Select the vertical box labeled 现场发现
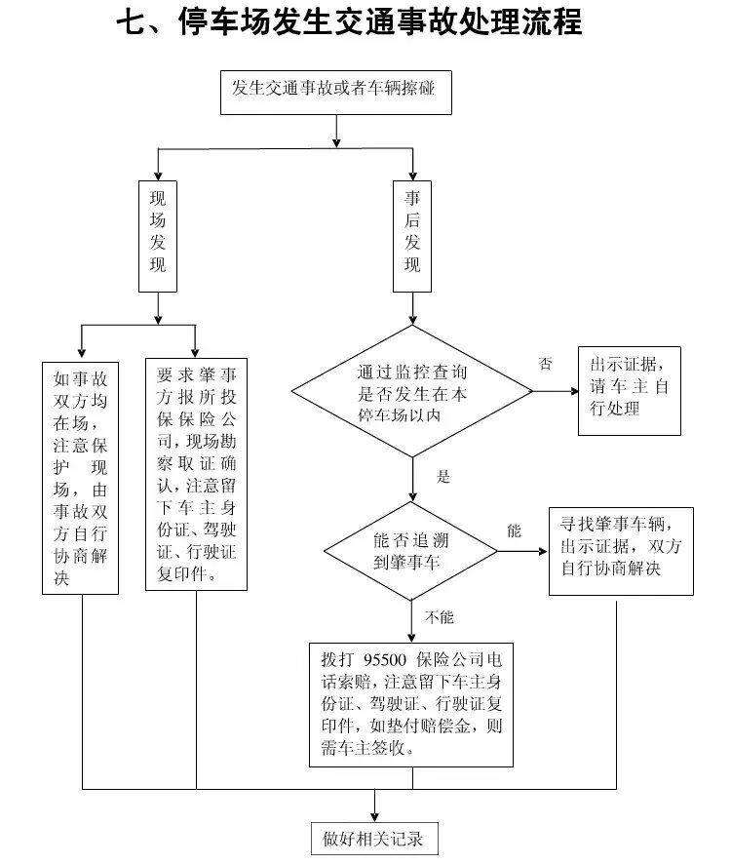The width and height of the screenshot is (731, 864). [x=158, y=236]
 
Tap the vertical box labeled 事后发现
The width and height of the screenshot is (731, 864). [x=412, y=236]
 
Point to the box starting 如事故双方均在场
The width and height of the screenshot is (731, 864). [x=81, y=478]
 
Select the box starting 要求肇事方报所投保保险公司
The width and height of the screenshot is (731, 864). [x=196, y=475]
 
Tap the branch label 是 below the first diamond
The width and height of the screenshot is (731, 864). [x=443, y=478]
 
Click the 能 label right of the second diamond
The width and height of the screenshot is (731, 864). [x=514, y=531]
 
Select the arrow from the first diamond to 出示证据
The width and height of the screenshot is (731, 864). [x=556, y=392]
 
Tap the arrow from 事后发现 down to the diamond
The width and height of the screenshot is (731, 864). [x=412, y=310]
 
